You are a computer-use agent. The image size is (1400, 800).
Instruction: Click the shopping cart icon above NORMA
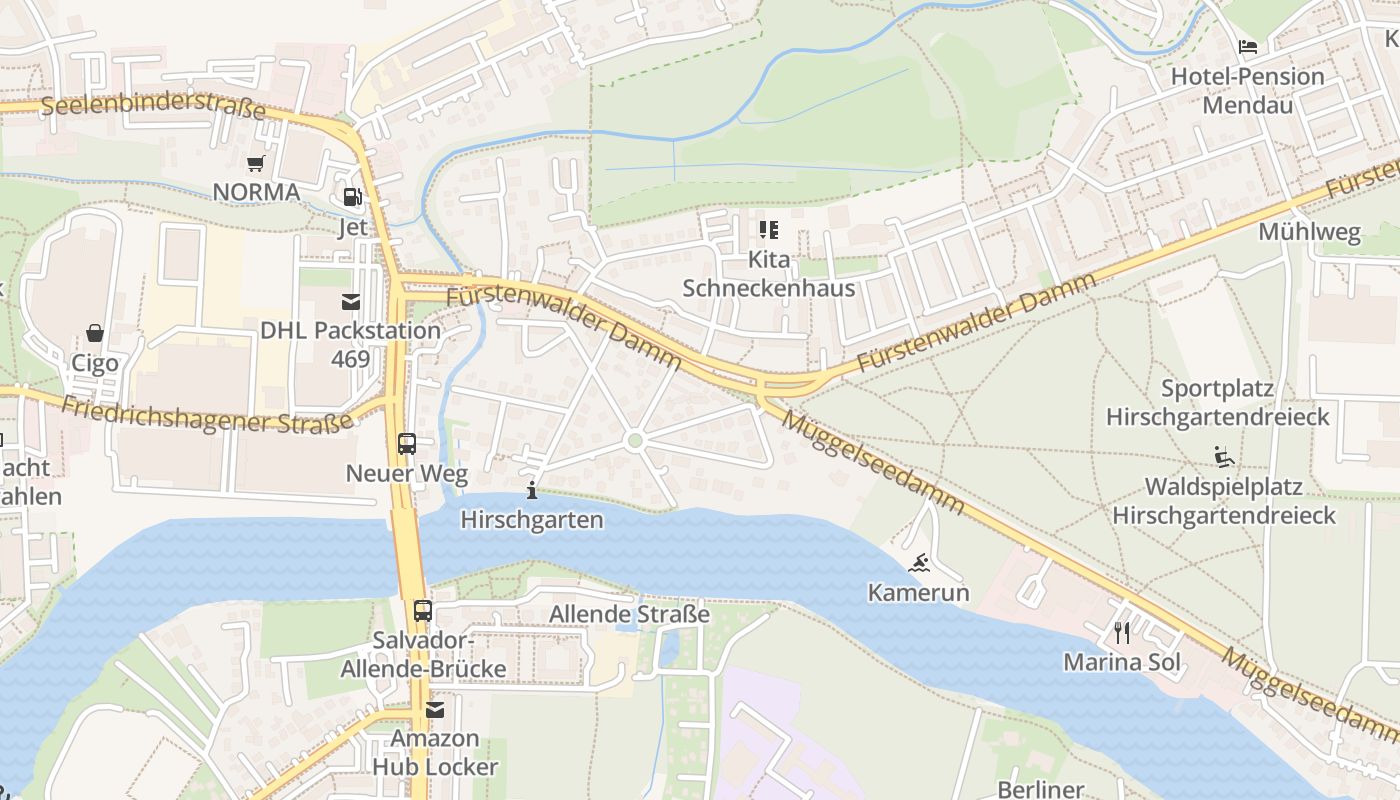[x=255, y=163]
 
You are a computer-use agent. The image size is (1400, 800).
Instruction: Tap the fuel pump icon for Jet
[x=352, y=198]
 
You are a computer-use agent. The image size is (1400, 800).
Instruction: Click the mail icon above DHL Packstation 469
[x=350, y=301]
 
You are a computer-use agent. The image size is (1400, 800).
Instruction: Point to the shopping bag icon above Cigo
[x=95, y=333]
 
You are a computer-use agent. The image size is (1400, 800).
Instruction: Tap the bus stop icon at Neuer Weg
[x=406, y=444]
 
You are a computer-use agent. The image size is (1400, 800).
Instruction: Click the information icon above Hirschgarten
[x=532, y=490]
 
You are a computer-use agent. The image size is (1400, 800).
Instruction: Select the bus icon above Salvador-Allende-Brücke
[x=423, y=610]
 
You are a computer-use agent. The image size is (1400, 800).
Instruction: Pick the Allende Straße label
[x=630, y=614]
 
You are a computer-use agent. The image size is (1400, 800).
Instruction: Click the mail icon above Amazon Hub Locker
[x=435, y=710]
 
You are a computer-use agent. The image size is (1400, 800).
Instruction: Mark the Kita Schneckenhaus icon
[x=768, y=231]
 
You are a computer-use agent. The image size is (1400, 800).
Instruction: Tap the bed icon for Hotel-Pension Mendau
[x=1247, y=46]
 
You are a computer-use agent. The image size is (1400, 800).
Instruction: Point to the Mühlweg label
[x=1309, y=233]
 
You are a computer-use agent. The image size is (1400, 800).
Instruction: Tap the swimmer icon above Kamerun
[x=919, y=564]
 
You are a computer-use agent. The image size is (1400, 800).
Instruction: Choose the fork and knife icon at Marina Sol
[x=1122, y=632]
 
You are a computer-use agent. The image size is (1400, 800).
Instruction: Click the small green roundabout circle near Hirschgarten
[x=634, y=440]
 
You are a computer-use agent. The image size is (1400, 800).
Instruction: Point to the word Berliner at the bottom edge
[x=1040, y=789]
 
